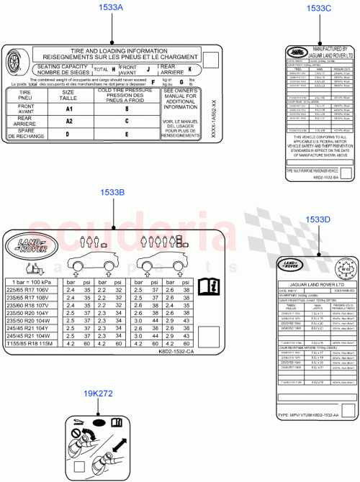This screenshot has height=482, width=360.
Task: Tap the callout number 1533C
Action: click(318, 8)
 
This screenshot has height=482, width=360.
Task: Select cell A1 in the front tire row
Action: click(68, 108)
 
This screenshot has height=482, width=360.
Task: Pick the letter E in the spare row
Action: click(127, 134)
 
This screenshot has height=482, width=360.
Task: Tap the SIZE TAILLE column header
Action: click(68, 94)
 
